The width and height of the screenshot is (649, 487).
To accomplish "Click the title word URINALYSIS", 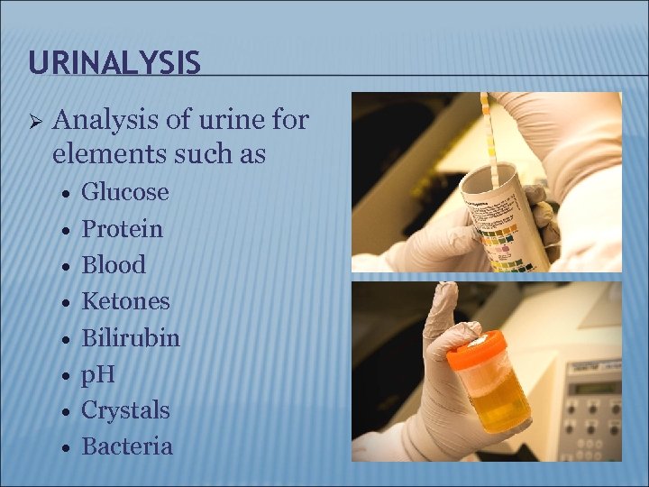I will pos(114,62).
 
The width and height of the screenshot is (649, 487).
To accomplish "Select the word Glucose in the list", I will pos(125,192).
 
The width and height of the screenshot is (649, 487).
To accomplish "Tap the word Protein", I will pos(123,229).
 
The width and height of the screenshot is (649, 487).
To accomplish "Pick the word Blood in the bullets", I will pos(114,265).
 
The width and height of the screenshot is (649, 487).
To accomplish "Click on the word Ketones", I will pos(125,301).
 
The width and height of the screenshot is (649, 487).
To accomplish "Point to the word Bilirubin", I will pos(131,338).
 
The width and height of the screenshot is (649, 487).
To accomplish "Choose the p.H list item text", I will pos(98,374).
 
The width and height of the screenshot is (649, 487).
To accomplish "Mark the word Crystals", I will pos(125,410).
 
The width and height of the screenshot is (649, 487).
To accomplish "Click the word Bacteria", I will pos(127,446).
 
